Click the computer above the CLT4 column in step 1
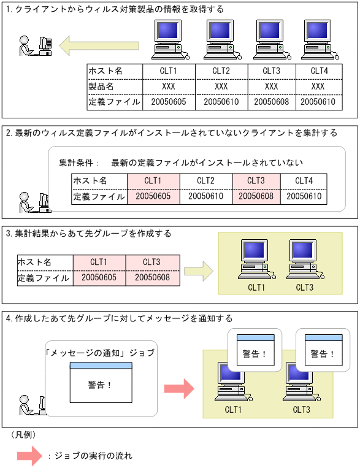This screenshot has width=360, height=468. pos(318,38)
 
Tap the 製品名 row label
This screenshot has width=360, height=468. pos(101,86)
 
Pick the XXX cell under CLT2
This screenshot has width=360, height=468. pos(221,86)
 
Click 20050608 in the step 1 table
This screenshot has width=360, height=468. pos(271,102)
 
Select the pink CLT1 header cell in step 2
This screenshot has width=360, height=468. pos(153,181)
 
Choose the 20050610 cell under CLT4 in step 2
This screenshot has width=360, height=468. pos(304,197)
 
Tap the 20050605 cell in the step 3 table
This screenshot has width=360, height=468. pos(99,278)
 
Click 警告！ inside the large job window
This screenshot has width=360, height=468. pos(101,385)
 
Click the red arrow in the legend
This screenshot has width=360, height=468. pos(29,456)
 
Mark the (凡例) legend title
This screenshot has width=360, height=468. pos(23,434)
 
